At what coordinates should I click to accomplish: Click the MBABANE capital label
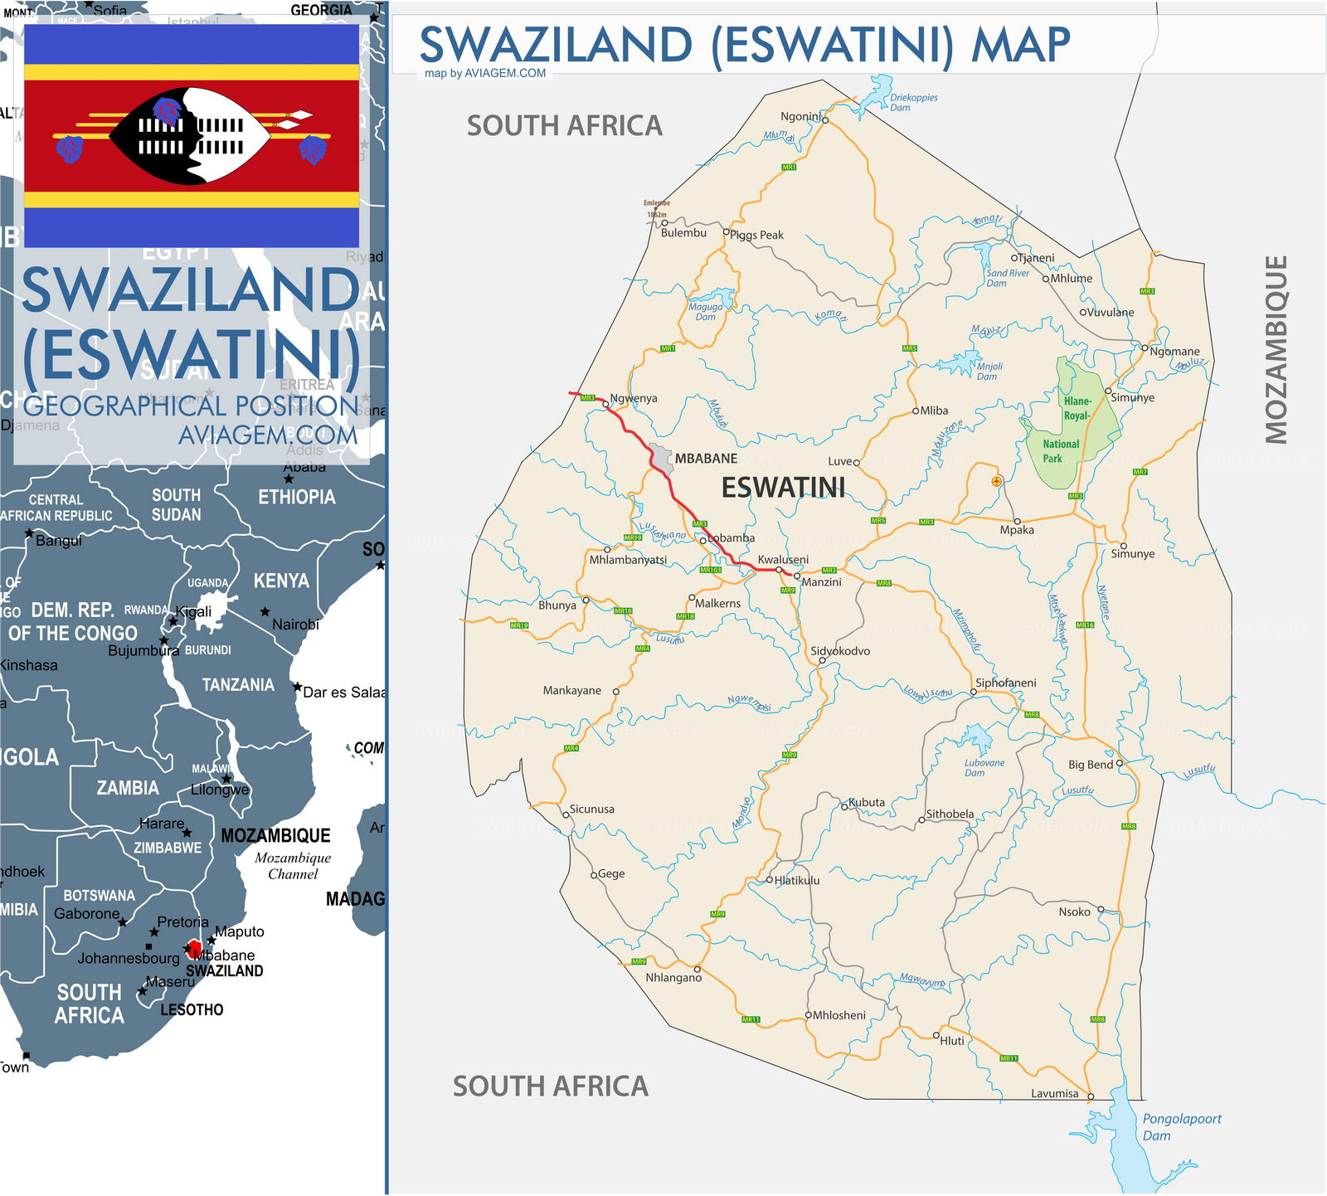click(x=706, y=459)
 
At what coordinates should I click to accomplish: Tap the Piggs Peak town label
click(x=756, y=236)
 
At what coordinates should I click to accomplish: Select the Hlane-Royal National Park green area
click(x=1070, y=423)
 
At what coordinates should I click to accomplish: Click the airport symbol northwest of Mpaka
click(x=997, y=481)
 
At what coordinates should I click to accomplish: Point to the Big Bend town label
click(x=1090, y=765)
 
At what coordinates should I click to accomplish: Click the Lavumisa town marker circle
click(x=1091, y=1096)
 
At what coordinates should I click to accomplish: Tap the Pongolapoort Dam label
click(x=1181, y=1127)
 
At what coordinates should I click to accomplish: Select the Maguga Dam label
click(x=705, y=312)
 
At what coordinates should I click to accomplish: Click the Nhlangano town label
click(x=673, y=978)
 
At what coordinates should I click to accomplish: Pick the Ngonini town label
click(x=800, y=117)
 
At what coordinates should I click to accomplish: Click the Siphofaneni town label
click(x=1005, y=683)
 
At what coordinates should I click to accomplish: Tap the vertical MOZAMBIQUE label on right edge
click(x=1276, y=349)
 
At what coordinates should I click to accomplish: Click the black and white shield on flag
click(x=191, y=136)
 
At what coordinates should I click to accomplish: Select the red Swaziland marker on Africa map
click(x=194, y=947)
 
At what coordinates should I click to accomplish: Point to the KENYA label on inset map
click(x=281, y=581)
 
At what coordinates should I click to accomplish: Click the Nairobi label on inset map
click(x=295, y=625)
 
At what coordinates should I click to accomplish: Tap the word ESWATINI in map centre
click(x=783, y=488)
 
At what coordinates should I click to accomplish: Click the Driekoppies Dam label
click(x=913, y=103)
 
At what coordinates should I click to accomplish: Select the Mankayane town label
click(x=571, y=691)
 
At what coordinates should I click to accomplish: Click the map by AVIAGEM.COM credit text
click(x=485, y=73)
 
